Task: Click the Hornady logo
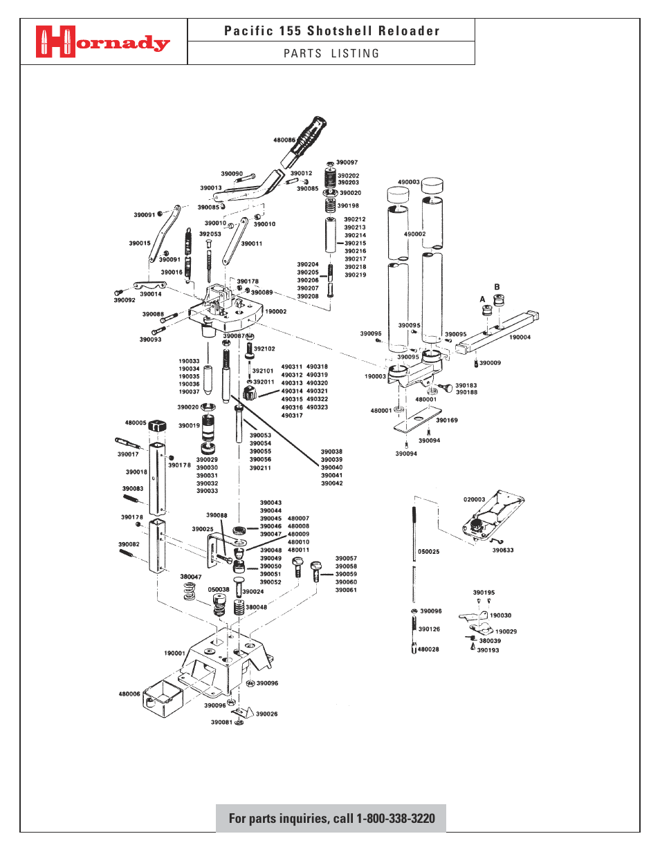(102, 42)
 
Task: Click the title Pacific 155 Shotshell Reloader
(331, 31)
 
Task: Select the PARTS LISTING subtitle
(331, 54)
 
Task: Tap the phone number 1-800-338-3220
(395, 819)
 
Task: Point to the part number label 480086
(284, 140)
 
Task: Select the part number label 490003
(408, 183)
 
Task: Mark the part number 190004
(520, 337)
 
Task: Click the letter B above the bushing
(497, 287)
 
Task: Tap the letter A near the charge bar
(482, 299)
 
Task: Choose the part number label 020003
(474, 499)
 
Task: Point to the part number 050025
(428, 552)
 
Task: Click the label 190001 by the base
(174, 653)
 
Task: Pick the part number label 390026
(266, 714)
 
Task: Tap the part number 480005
(136, 423)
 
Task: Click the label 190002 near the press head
(275, 312)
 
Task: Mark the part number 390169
(446, 420)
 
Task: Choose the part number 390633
(503, 550)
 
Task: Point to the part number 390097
(347, 163)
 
